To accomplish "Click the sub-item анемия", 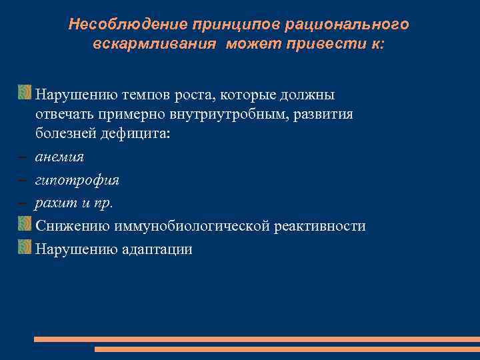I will click(x=59, y=157).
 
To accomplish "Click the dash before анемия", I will click(x=23, y=157).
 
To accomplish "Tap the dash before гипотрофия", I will click(x=23, y=180).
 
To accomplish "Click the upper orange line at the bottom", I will click(x=257, y=339).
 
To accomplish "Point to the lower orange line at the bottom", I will click(x=287, y=349).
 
